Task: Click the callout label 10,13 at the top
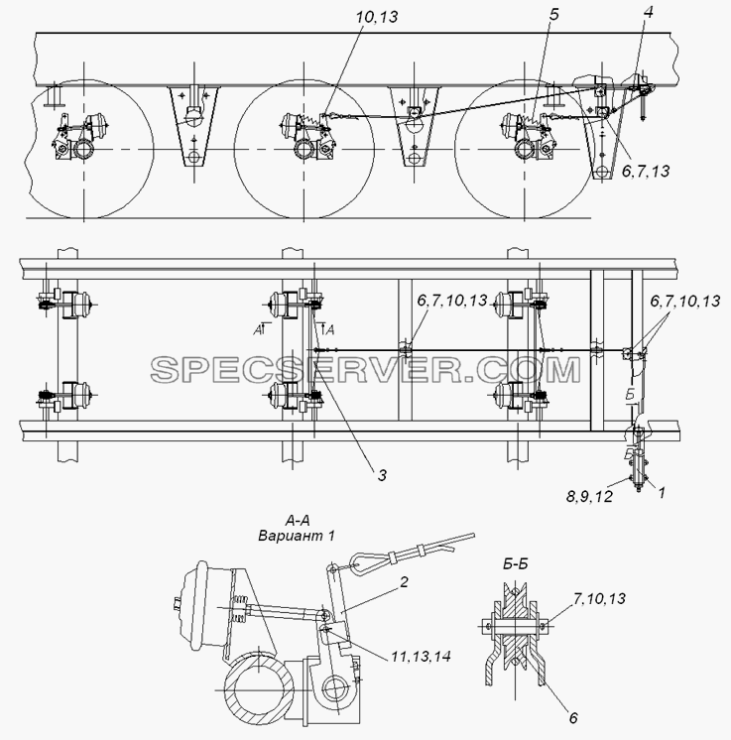(x=377, y=17)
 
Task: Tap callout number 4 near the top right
(x=649, y=12)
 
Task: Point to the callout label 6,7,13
(x=645, y=171)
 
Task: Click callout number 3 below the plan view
(x=382, y=475)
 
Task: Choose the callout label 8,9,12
(x=589, y=497)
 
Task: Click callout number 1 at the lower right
(x=662, y=493)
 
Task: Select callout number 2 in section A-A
(x=404, y=582)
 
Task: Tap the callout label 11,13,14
(x=421, y=656)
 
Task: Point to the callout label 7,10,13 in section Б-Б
(x=599, y=598)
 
